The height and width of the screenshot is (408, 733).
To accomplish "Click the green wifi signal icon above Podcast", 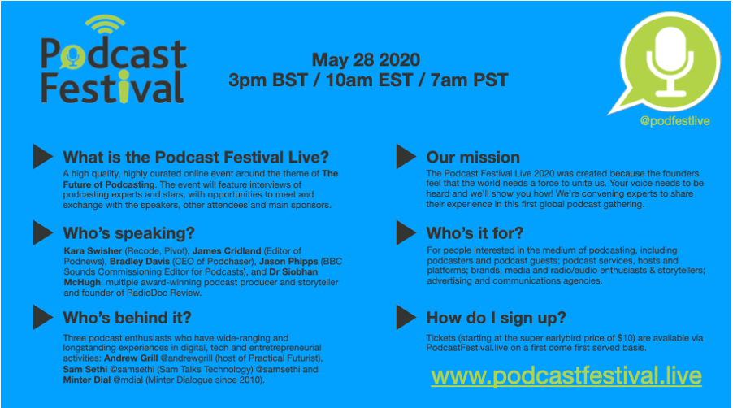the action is point(105,25).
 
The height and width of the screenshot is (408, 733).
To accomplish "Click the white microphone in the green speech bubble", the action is point(670,61).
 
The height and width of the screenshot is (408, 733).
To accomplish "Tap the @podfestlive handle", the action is point(674,121).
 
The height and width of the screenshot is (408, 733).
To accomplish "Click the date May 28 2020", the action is point(366,60).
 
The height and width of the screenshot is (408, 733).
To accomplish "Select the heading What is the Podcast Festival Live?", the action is point(196,157).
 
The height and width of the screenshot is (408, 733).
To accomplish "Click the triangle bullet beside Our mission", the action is point(406,156).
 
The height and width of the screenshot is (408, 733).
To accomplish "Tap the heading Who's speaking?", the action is point(128,232).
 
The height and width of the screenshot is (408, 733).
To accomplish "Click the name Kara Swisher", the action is point(93,251).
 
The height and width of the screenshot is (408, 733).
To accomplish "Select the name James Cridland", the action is point(227,251).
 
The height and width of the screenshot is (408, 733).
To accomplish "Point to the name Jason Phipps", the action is point(288,261).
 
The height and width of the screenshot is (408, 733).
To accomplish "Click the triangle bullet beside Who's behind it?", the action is point(43,317).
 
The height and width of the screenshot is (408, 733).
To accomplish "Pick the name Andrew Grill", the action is point(131,358).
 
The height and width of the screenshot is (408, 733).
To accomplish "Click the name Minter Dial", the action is point(87,380).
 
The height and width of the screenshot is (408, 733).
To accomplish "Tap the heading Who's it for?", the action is point(475,232).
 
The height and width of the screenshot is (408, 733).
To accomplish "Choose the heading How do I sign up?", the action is point(496,318).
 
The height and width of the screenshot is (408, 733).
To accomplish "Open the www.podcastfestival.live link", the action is point(566,376).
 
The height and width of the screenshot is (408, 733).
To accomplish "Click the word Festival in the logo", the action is point(112,87).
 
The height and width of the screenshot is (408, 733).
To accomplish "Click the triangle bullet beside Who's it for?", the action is point(406,232).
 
